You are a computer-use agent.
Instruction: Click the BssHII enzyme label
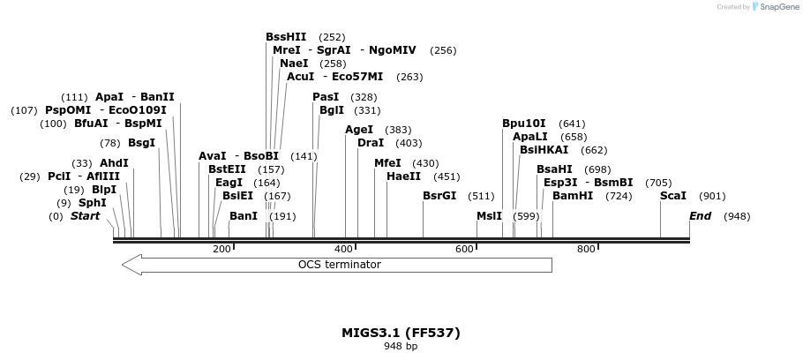tap(286, 37)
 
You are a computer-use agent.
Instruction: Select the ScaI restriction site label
tap(673, 196)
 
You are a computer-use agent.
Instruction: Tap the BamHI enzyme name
tap(573, 196)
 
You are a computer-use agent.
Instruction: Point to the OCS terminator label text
tap(339, 265)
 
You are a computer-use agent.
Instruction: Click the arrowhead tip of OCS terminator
tap(124, 265)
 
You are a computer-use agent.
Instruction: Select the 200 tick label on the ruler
tap(221, 250)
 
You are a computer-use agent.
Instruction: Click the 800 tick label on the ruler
tap(586, 250)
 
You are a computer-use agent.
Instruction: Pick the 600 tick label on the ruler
tap(465, 250)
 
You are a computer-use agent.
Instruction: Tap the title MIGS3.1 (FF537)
tap(401, 333)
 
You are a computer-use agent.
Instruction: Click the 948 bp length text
tap(401, 347)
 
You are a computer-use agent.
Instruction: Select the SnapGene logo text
tap(777, 7)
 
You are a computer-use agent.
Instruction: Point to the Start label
tap(85, 216)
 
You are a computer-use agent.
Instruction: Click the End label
tap(700, 216)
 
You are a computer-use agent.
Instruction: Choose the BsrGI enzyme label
tap(439, 196)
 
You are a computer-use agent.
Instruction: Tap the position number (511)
tap(481, 196)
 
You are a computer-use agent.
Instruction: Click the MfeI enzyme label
tap(387, 163)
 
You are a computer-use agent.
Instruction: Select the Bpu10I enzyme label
tap(524, 124)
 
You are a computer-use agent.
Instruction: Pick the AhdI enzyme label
tap(114, 163)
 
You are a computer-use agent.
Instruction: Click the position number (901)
tap(712, 196)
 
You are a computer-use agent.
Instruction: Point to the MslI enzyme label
tap(489, 216)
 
